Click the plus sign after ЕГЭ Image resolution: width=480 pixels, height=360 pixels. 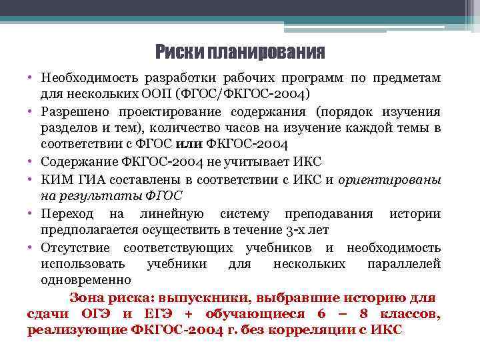tap(188, 315)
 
